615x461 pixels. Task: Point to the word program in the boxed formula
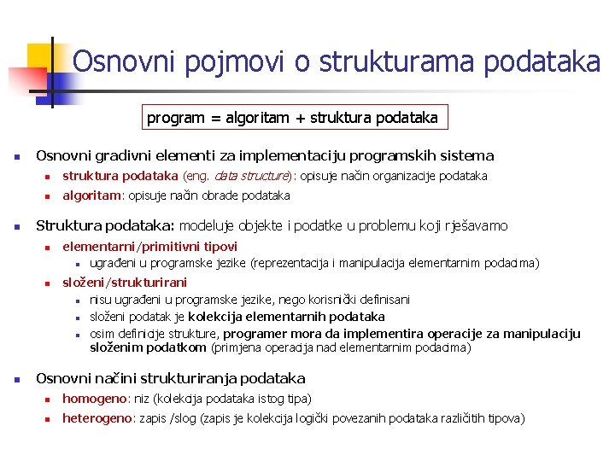point(175,118)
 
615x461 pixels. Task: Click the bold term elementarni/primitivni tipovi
point(149,247)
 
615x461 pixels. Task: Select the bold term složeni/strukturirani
point(125,283)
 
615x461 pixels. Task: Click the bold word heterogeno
point(97,418)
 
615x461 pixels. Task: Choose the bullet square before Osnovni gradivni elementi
point(16,157)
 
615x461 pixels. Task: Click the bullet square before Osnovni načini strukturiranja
point(16,379)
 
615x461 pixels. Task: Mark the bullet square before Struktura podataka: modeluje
point(16,227)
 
